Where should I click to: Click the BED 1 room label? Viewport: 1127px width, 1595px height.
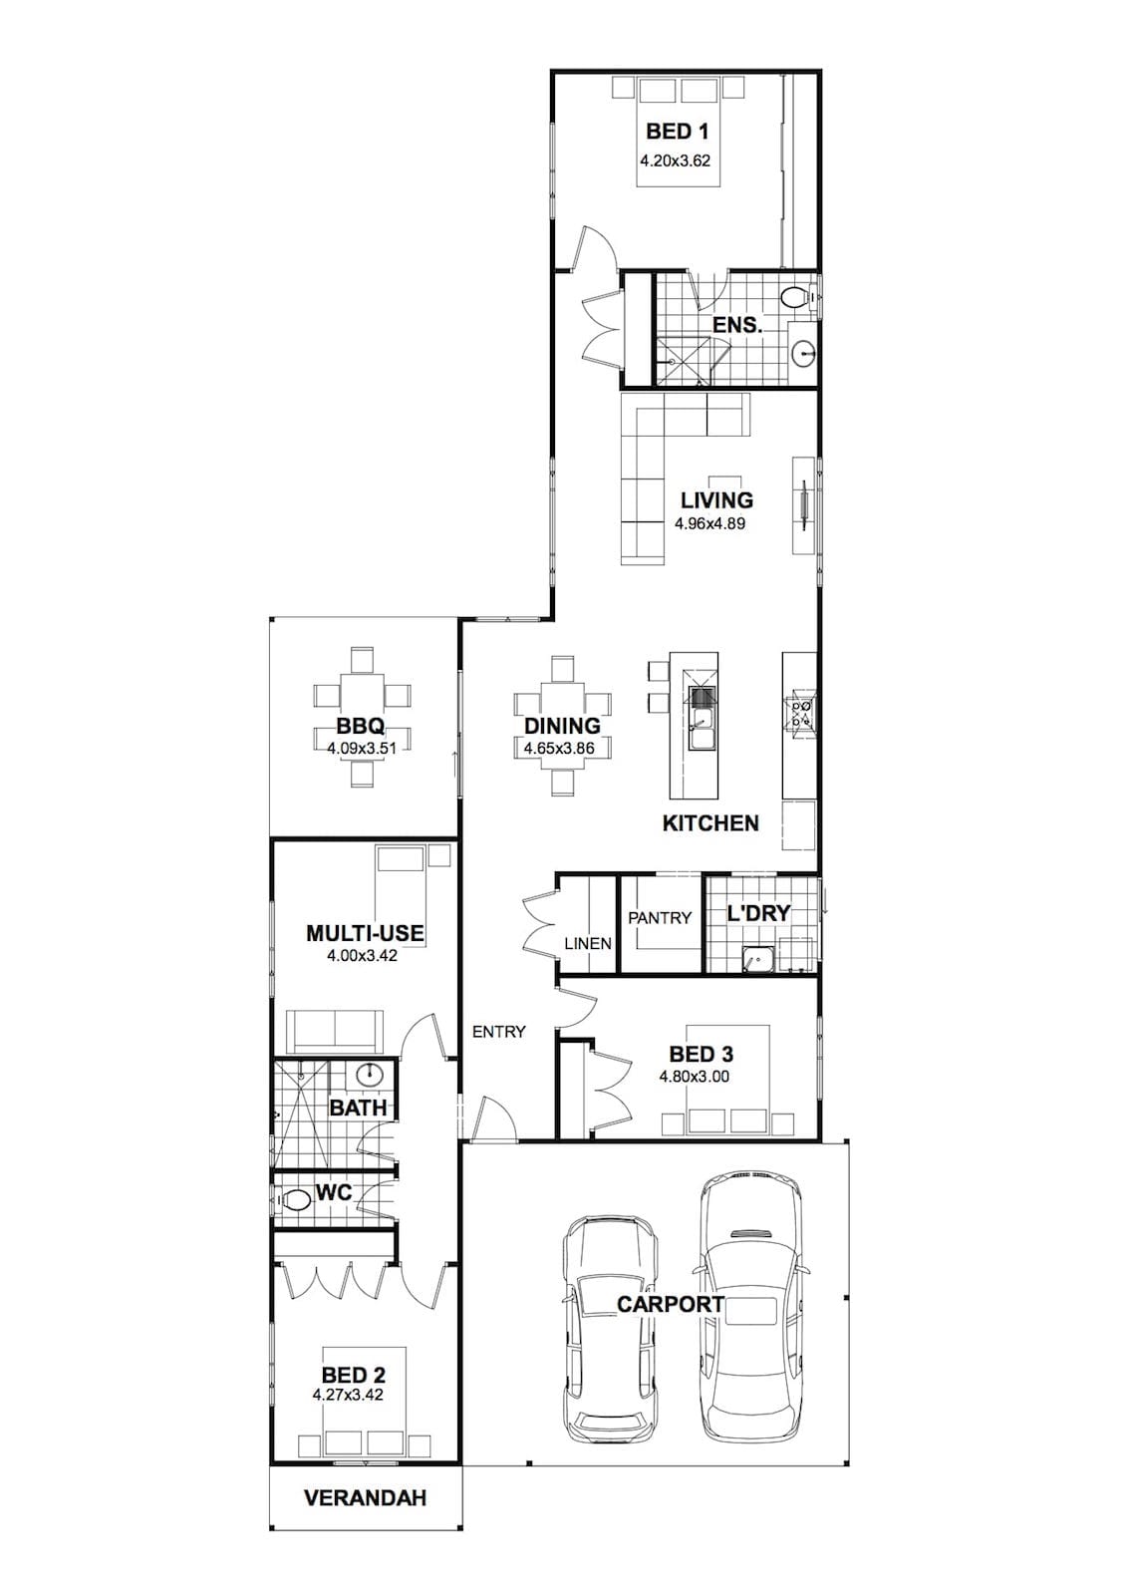tap(677, 131)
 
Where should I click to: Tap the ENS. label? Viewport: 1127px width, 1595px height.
tap(737, 325)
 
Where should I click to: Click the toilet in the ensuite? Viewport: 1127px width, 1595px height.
tap(796, 296)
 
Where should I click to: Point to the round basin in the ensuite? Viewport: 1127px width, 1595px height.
tap(804, 351)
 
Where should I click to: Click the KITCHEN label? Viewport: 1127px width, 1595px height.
tap(710, 823)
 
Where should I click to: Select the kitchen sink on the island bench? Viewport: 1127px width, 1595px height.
tap(702, 729)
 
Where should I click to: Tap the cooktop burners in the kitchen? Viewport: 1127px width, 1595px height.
tap(799, 713)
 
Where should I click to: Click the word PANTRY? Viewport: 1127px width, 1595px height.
tap(660, 918)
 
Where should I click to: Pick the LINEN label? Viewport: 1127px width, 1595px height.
tap(588, 943)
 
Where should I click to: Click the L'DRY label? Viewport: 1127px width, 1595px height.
tap(758, 913)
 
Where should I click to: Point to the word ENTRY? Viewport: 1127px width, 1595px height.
tap(499, 1031)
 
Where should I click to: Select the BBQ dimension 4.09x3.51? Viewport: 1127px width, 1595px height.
tap(362, 749)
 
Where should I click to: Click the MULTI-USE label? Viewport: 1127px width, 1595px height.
tap(365, 933)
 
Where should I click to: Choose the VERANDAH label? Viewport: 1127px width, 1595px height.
tap(366, 1498)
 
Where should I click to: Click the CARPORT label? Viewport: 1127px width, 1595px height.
tap(670, 1305)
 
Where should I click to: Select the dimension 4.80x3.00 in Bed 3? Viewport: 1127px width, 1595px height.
tap(695, 1077)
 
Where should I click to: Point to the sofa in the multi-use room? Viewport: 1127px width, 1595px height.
tap(335, 1031)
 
